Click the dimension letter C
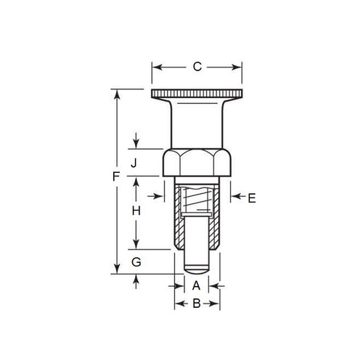pyautogui.click(x=196, y=68)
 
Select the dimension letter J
pyautogui.click(x=134, y=163)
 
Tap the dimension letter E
pyautogui.click(x=252, y=197)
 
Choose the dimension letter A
pyautogui.click(x=196, y=286)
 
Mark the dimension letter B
pyautogui.click(x=196, y=305)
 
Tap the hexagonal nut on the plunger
pyautogui.click(x=196, y=162)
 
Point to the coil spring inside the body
pyautogui.click(x=197, y=197)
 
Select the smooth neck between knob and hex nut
pyautogui.click(x=196, y=123)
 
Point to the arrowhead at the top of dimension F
pyautogui.click(x=115, y=93)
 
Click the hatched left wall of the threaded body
pyautogui.click(x=179, y=218)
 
